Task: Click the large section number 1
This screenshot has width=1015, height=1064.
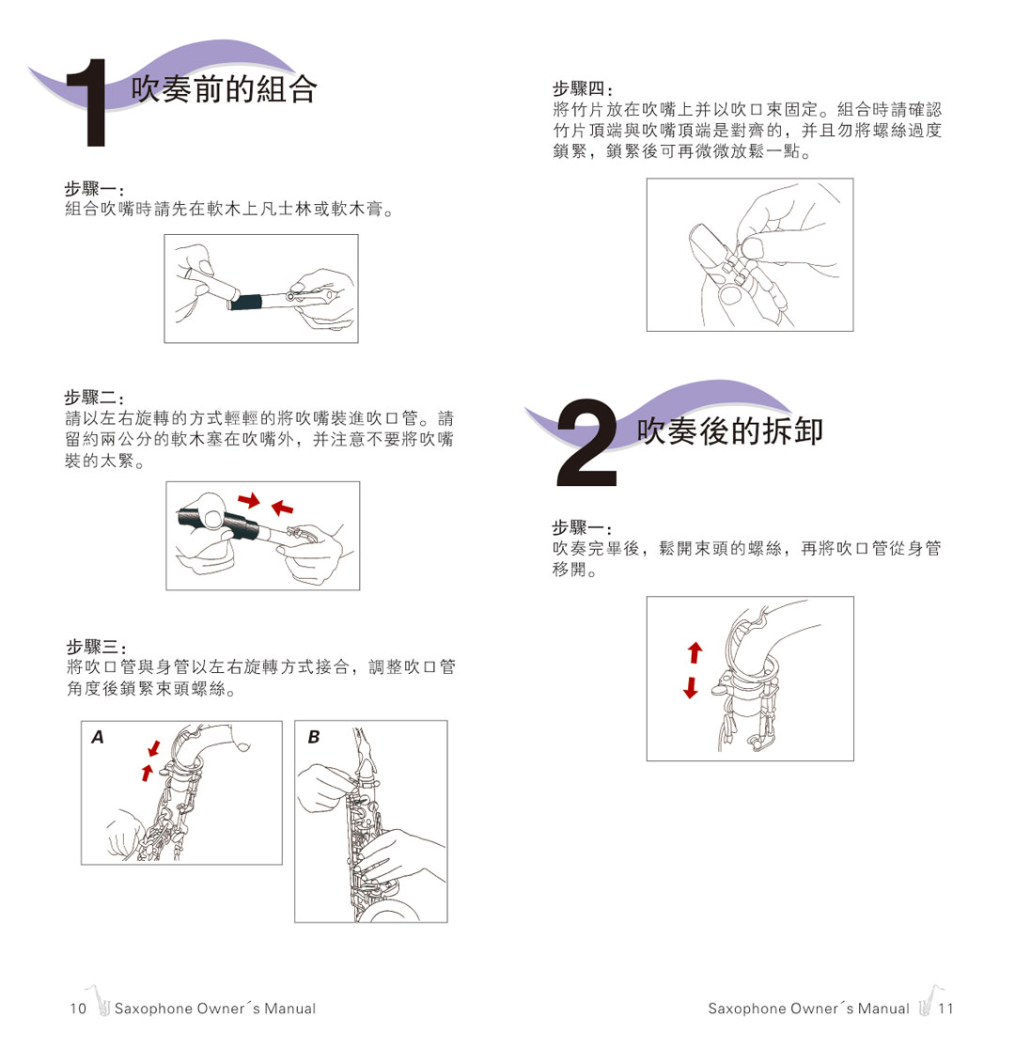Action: pyautogui.click(x=95, y=106)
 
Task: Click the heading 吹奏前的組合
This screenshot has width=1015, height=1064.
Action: pyautogui.click(x=224, y=89)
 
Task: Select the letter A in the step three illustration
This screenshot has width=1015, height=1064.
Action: pyautogui.click(x=98, y=738)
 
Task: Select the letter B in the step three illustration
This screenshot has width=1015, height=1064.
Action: pyautogui.click(x=314, y=738)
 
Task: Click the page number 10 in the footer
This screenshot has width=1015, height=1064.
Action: pyautogui.click(x=78, y=1009)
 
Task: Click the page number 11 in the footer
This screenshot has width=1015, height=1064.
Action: pyautogui.click(x=945, y=1009)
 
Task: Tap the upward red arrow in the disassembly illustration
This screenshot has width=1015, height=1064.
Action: pyautogui.click(x=695, y=651)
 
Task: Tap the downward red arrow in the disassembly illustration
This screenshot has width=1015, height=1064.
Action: pyautogui.click(x=692, y=687)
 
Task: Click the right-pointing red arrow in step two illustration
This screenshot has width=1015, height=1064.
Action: pyautogui.click(x=248, y=499)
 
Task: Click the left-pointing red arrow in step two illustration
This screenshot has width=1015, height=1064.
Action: pyautogui.click(x=281, y=509)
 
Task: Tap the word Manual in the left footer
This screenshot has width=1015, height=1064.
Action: pyautogui.click(x=289, y=1009)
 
